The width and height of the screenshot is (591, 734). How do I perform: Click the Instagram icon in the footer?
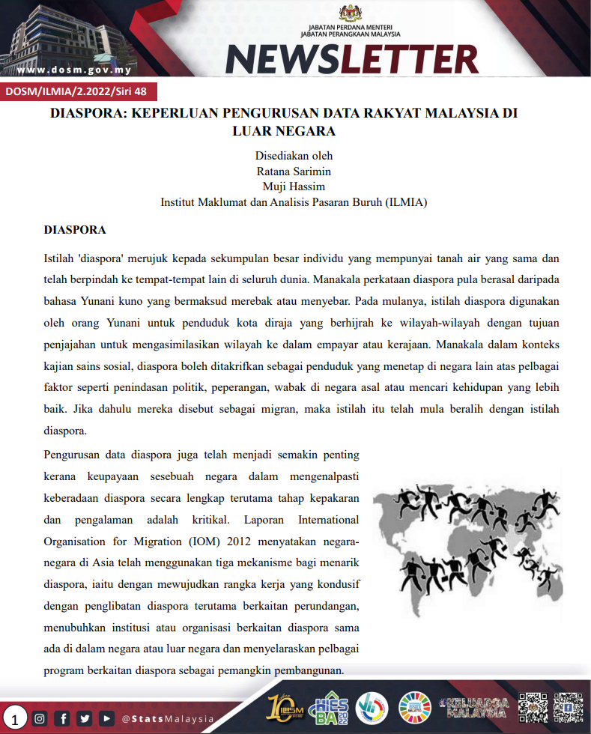pos(40,718)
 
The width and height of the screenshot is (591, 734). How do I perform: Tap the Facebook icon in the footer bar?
pos(63,718)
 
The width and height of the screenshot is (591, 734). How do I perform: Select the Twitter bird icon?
pos(85,718)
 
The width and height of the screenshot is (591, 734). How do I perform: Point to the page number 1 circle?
pos(14,719)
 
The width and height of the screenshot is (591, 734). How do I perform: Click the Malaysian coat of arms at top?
pos(350,13)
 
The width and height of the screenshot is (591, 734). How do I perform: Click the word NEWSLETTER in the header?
pos(351,58)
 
